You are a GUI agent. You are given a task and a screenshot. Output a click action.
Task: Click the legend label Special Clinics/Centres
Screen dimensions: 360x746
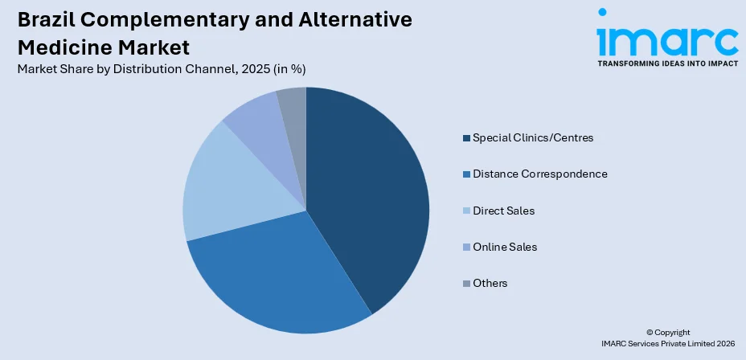coord(533,137)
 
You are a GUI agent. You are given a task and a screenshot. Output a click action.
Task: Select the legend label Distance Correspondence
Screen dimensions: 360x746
coord(539,174)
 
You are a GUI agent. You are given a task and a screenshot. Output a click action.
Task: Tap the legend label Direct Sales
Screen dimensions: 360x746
coord(503,211)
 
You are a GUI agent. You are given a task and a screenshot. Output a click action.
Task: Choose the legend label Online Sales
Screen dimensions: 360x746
coord(505,247)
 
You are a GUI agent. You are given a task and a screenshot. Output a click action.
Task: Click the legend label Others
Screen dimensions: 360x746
coord(490,283)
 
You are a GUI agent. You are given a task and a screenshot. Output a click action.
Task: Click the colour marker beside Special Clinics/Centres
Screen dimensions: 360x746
coord(466,138)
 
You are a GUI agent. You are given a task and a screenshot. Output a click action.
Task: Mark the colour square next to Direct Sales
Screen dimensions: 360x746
coord(466,211)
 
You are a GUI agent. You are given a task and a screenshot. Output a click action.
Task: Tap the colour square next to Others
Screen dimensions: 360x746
coord(466,284)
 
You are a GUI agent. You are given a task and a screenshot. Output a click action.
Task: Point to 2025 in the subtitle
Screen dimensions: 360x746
coord(248,69)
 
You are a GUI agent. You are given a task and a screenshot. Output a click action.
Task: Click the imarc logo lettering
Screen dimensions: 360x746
coord(666,36)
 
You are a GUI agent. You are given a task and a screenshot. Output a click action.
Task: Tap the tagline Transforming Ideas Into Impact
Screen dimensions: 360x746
coord(666,63)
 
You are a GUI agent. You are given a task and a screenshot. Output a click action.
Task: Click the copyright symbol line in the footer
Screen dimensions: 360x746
coord(667,332)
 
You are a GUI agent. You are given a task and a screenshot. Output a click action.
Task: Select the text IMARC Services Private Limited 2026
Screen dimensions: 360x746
coord(667,343)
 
